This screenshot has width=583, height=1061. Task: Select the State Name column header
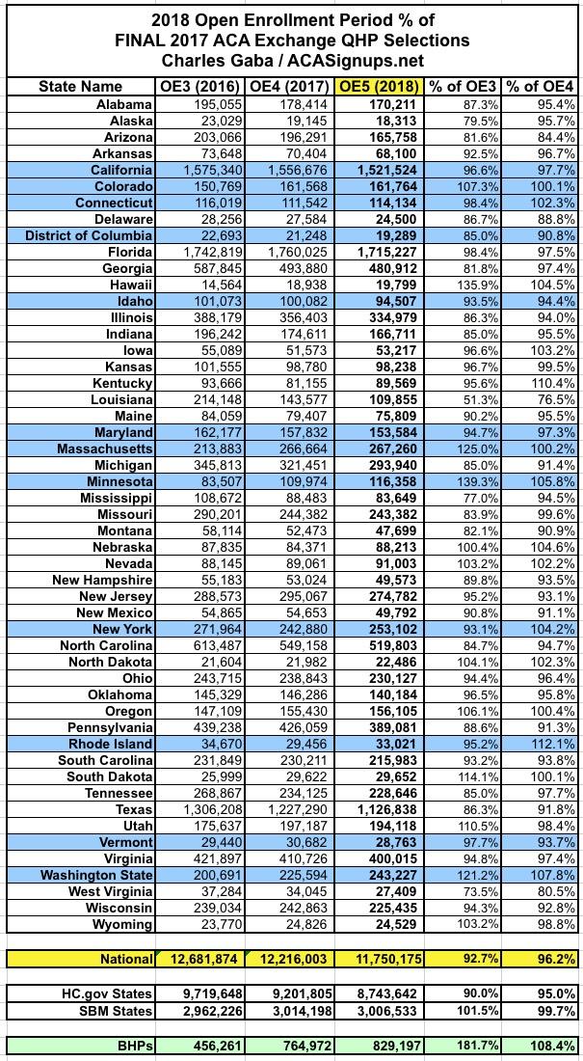(81, 86)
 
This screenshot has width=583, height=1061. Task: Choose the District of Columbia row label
(89, 235)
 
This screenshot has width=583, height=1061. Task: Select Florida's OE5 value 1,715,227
(382, 252)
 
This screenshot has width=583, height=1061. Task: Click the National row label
(125, 959)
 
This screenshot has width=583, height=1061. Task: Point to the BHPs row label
(132, 1046)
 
